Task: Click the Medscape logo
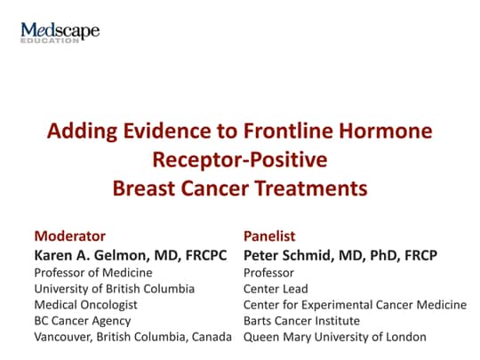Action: pos(60,34)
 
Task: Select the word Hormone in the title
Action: pos(390,132)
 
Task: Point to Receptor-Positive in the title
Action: pos(240,160)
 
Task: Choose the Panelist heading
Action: pos(270,236)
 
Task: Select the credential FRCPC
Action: pos(205,256)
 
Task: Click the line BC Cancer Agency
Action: pos(82,321)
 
